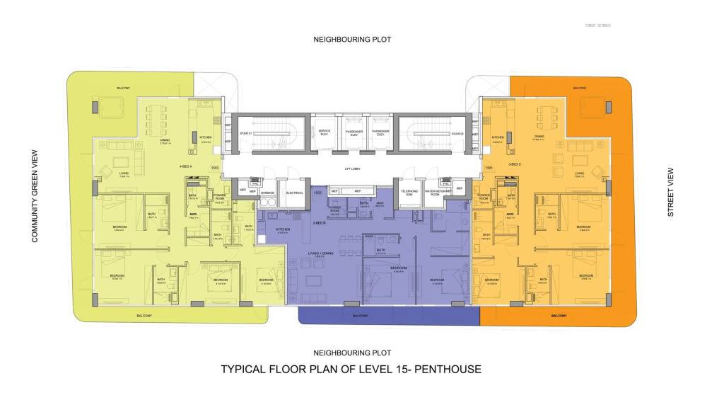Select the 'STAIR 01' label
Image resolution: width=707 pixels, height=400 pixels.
[x=246, y=133]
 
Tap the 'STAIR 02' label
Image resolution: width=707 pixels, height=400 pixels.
[x=457, y=133]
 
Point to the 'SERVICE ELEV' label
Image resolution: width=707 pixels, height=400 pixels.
[x=325, y=132]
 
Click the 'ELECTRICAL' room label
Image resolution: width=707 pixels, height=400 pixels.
[x=295, y=192]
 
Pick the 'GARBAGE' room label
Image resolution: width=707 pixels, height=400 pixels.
[x=267, y=192]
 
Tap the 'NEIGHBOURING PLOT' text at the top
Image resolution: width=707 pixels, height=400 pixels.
[x=352, y=40]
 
